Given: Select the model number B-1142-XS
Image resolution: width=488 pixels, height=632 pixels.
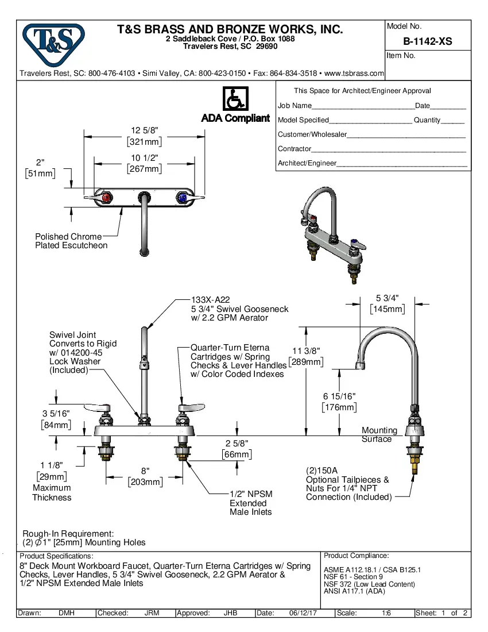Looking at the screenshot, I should (x=427, y=41).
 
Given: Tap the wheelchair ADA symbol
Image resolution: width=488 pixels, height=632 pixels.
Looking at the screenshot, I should (x=235, y=99).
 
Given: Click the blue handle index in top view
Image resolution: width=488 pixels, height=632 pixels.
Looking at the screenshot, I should (x=183, y=198).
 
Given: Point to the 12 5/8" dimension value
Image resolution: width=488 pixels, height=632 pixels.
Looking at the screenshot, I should (x=144, y=130).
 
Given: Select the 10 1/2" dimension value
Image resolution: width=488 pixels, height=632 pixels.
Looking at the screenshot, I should (x=144, y=157).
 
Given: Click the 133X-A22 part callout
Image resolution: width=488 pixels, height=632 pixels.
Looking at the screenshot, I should (x=210, y=299).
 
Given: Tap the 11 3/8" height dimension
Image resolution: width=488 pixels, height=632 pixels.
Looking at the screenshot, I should (x=306, y=350).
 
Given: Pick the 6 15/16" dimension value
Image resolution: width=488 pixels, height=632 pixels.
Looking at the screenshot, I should (x=339, y=396).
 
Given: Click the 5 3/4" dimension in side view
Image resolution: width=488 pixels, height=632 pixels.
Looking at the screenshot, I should (x=388, y=298).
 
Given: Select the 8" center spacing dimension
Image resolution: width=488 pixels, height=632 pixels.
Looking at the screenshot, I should (x=145, y=470).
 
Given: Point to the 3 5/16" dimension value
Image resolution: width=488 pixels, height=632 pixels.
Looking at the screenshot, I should (x=56, y=413).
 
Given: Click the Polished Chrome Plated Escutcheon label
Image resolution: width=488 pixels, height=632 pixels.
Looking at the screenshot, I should (x=71, y=241).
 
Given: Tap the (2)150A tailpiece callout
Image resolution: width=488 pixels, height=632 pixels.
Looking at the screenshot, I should (x=322, y=470).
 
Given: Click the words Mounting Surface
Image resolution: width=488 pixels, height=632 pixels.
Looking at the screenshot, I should (x=378, y=434).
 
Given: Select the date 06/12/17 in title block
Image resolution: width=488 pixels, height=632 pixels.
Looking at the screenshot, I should (x=303, y=613).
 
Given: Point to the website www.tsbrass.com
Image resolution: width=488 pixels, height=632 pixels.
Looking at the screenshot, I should (x=354, y=74).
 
